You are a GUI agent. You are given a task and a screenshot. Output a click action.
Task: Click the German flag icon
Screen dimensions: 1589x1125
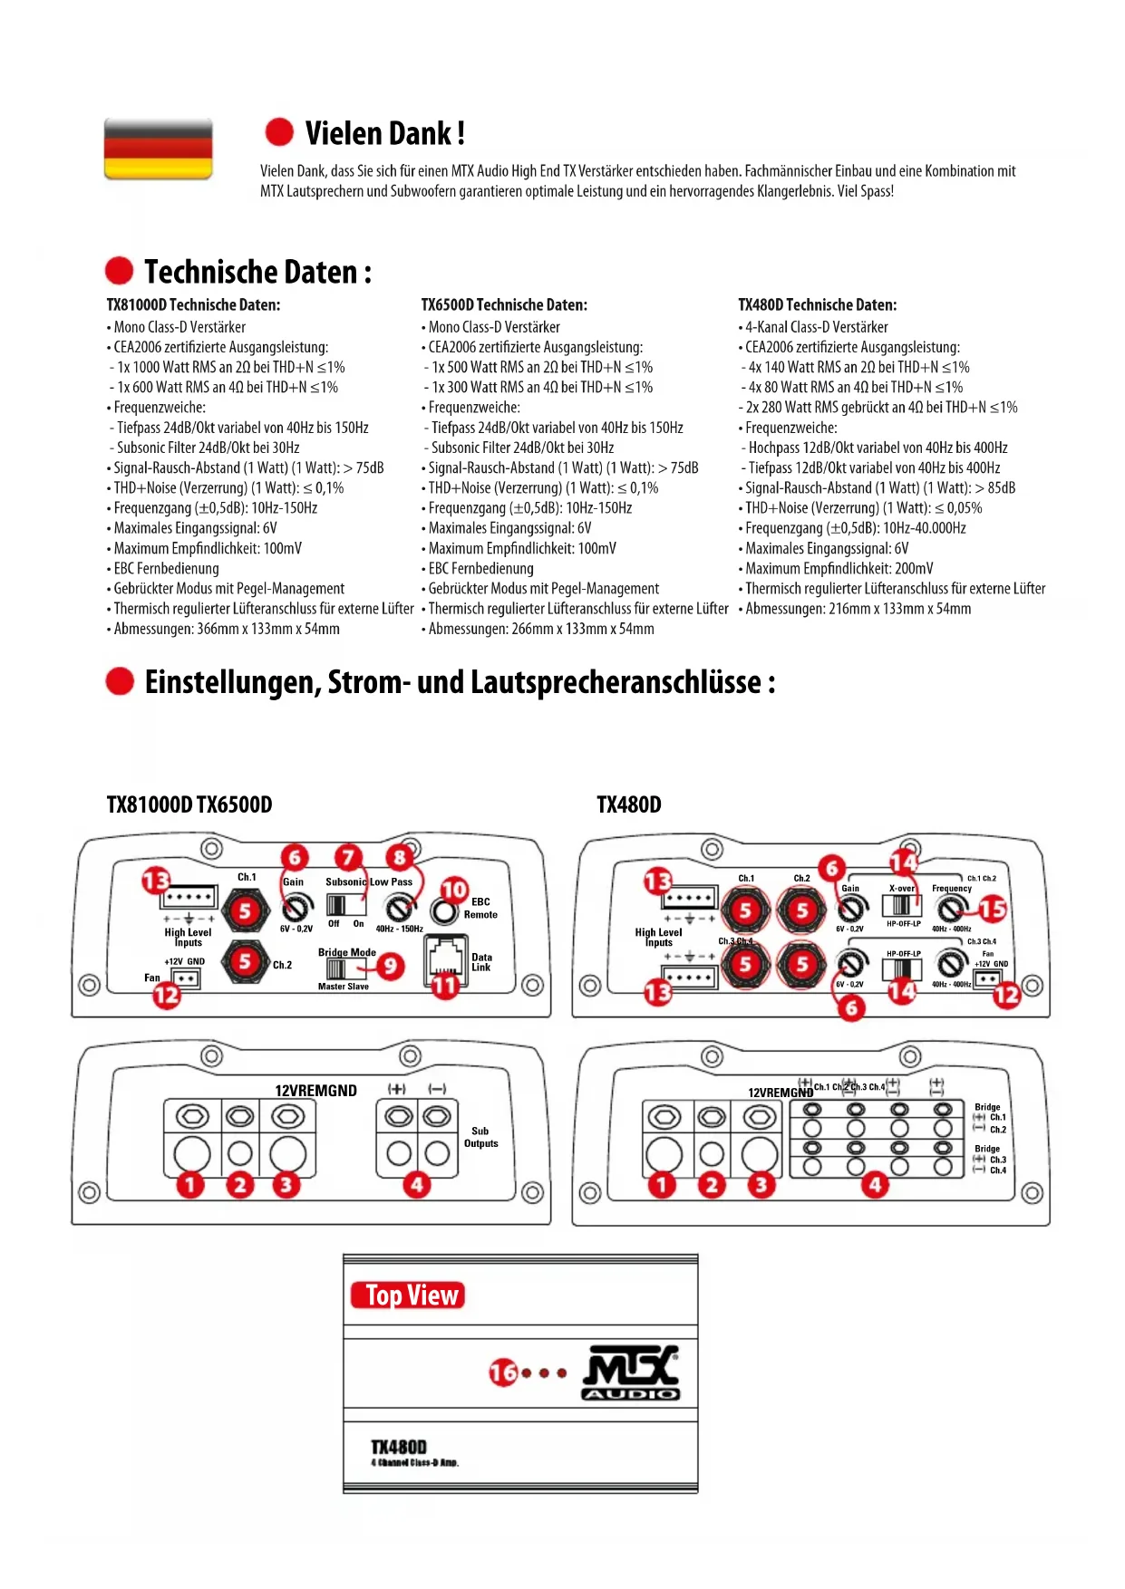pyautogui.click(x=159, y=149)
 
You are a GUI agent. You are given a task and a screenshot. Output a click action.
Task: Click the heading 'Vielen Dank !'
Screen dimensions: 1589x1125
pyautogui.click(x=384, y=133)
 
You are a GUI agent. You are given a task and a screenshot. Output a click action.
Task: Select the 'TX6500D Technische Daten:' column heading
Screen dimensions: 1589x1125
pyautogui.click(x=504, y=305)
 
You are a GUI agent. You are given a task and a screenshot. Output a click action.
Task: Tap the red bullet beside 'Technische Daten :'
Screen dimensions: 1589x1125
pyautogui.click(x=119, y=271)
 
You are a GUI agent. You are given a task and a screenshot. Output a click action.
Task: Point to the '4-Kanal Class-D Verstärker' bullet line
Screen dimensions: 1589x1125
pyautogui.click(x=816, y=327)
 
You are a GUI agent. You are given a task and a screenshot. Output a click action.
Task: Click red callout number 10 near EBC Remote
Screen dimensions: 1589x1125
pyautogui.click(x=454, y=890)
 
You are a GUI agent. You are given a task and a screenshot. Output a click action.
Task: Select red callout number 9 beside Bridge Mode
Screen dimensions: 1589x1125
pyautogui.click(x=390, y=966)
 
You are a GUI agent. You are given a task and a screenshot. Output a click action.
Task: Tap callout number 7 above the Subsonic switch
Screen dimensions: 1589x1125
pyautogui.click(x=348, y=857)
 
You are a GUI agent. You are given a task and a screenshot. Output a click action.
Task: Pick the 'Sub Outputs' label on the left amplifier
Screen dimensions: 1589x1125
pyautogui.click(x=480, y=1137)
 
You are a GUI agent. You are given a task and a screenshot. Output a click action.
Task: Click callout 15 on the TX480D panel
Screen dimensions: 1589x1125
pyautogui.click(x=993, y=909)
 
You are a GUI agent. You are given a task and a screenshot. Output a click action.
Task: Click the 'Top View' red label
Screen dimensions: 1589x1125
pyautogui.click(x=408, y=1295)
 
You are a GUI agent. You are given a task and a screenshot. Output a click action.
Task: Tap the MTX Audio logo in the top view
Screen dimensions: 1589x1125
pyautogui.click(x=631, y=1373)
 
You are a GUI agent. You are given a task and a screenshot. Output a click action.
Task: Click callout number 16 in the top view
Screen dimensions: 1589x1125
pyautogui.click(x=503, y=1373)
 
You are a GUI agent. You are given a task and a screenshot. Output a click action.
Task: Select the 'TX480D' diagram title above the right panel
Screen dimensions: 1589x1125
pyautogui.click(x=629, y=804)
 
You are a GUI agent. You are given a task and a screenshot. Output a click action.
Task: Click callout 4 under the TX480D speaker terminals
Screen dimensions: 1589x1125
pyautogui.click(x=875, y=1184)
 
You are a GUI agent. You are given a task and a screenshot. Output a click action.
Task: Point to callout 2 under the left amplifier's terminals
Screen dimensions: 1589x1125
pyautogui.click(x=239, y=1184)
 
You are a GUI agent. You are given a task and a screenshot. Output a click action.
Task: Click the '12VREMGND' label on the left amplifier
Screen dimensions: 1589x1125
pyautogui.click(x=315, y=1091)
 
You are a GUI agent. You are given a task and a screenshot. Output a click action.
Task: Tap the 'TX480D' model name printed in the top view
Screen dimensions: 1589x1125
pyautogui.click(x=399, y=1447)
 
